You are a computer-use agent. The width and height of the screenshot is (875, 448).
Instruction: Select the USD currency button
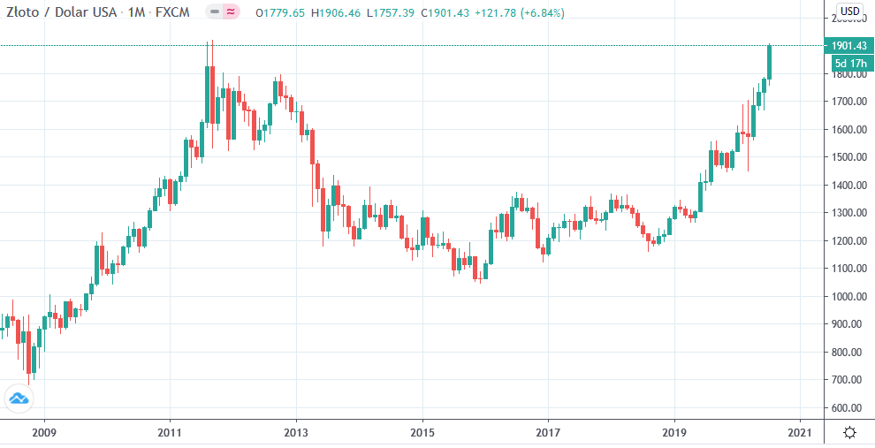click(x=849, y=11)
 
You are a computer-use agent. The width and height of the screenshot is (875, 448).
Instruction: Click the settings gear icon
click(x=849, y=433)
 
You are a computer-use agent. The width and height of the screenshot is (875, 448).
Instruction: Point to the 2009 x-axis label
click(x=43, y=433)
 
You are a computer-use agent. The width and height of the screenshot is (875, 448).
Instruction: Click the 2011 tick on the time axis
click(x=170, y=433)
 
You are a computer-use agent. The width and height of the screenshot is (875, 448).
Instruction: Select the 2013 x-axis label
click(x=296, y=433)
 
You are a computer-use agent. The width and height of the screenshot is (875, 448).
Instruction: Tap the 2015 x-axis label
click(x=422, y=433)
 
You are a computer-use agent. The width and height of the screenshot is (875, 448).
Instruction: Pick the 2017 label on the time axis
click(x=548, y=433)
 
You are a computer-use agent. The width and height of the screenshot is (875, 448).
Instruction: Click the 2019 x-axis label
click(x=674, y=433)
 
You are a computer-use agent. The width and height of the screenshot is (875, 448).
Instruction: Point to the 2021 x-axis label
click(x=800, y=433)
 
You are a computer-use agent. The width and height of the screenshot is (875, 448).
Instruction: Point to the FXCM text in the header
click(x=176, y=13)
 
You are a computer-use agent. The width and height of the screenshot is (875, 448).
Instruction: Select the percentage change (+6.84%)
click(x=540, y=13)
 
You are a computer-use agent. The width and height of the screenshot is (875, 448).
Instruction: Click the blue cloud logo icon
click(x=19, y=399)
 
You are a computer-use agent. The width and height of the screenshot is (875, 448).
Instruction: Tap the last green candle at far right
click(x=770, y=61)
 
